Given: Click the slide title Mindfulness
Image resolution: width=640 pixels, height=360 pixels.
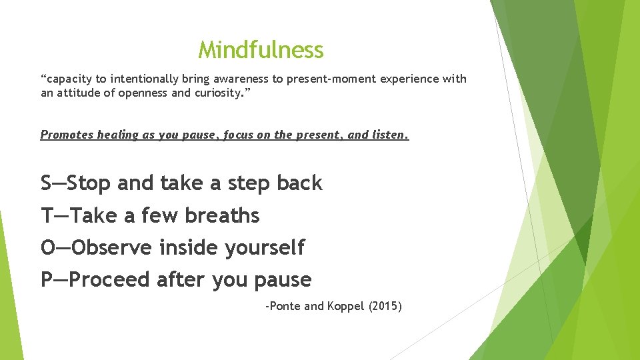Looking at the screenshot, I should click(261, 50).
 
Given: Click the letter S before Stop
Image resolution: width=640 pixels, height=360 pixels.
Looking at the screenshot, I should click(46, 183).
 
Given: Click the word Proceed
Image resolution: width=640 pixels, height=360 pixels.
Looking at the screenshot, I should click(109, 279).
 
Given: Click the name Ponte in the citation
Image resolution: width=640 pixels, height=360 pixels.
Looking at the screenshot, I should click(285, 307).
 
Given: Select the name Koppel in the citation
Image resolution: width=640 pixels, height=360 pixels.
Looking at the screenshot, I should click(345, 307).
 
